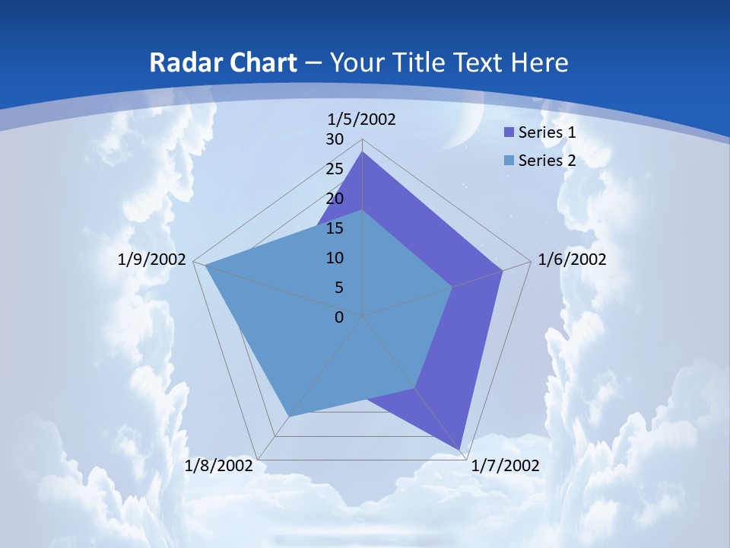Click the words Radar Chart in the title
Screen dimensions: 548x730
pyautogui.click(x=223, y=62)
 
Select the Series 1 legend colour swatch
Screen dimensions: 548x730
pyautogui.click(x=509, y=132)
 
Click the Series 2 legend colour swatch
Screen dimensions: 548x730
pyautogui.click(x=509, y=161)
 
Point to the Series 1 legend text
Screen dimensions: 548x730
pyautogui.click(x=547, y=132)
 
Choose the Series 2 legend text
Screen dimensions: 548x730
pyautogui.click(x=547, y=161)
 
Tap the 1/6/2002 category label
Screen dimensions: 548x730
pyautogui.click(x=572, y=260)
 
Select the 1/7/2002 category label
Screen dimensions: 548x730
pyautogui.click(x=506, y=465)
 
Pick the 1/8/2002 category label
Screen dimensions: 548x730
pyautogui.click(x=219, y=465)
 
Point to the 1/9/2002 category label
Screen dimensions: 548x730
pyautogui.click(x=152, y=260)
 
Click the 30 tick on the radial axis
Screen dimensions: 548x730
pyautogui.click(x=335, y=139)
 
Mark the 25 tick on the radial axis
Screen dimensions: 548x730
pyautogui.click(x=335, y=169)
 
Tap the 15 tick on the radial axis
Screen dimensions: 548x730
pyautogui.click(x=335, y=228)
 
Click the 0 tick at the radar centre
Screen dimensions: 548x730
pyautogui.click(x=339, y=317)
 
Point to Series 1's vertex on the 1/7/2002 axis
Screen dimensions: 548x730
pyautogui.click(x=461, y=450)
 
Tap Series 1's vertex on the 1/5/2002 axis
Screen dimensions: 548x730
pyautogui.click(x=363, y=151)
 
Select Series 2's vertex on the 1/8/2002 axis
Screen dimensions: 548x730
pyautogui.click(x=288, y=416)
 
